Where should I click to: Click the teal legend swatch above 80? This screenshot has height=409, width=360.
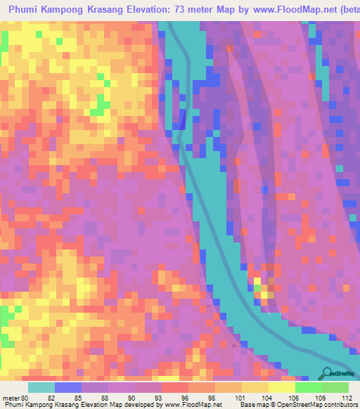pos(41,387)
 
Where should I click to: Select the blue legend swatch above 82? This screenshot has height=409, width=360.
pos(68,387)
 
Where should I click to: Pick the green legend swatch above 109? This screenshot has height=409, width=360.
pos(308,387)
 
